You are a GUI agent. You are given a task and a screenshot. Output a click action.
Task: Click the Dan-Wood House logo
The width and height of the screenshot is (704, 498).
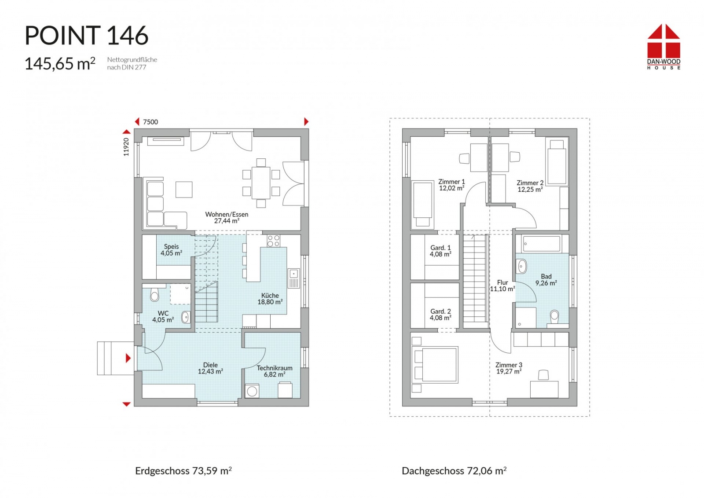pyautogui.click(x=664, y=47)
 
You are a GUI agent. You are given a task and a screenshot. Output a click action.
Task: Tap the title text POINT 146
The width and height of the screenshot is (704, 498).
pyautogui.click(x=86, y=35)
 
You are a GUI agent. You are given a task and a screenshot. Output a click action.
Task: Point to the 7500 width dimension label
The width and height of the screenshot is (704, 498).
pyautogui.click(x=150, y=122)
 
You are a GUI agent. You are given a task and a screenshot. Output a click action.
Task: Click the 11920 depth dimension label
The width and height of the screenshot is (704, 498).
pyautogui.click(x=126, y=147)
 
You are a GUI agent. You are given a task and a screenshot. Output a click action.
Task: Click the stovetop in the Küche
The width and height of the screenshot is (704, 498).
pyautogui.click(x=273, y=241)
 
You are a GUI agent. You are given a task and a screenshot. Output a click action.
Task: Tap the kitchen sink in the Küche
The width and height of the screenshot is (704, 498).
pyautogui.click(x=293, y=278)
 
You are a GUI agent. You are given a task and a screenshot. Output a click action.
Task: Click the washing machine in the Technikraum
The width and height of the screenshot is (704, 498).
pyautogui.click(x=252, y=391)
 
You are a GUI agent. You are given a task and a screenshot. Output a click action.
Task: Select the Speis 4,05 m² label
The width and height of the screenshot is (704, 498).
pyautogui.click(x=171, y=250)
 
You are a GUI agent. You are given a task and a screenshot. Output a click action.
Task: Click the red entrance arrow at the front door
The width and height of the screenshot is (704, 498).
pyautogui.click(x=128, y=358)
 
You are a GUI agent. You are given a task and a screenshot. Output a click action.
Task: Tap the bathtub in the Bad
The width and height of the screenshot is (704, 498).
pyautogui.click(x=541, y=244)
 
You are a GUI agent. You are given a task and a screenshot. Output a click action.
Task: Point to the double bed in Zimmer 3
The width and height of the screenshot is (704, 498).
pyautogui.click(x=435, y=365)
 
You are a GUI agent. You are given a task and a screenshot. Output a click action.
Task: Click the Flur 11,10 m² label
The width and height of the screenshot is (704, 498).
pyautogui.click(x=502, y=286)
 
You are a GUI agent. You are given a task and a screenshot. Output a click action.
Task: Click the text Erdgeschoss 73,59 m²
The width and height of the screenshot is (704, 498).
pyautogui.click(x=183, y=471)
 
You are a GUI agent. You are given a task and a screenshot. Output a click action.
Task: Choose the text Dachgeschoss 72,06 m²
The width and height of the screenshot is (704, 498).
pyautogui.click(x=454, y=471)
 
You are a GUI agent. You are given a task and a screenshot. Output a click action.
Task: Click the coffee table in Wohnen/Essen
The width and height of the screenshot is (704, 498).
pyautogui.click(x=184, y=190)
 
